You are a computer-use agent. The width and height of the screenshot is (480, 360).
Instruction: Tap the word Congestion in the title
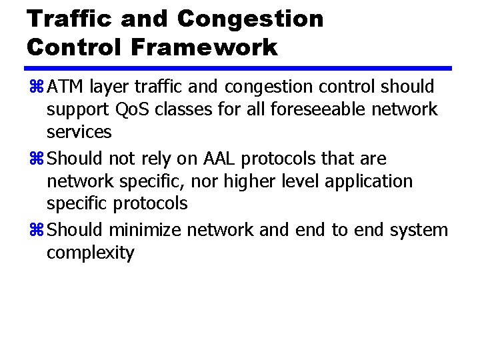click(250, 19)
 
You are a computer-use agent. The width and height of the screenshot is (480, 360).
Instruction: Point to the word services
click(79, 132)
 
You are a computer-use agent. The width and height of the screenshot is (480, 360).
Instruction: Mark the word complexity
click(90, 253)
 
